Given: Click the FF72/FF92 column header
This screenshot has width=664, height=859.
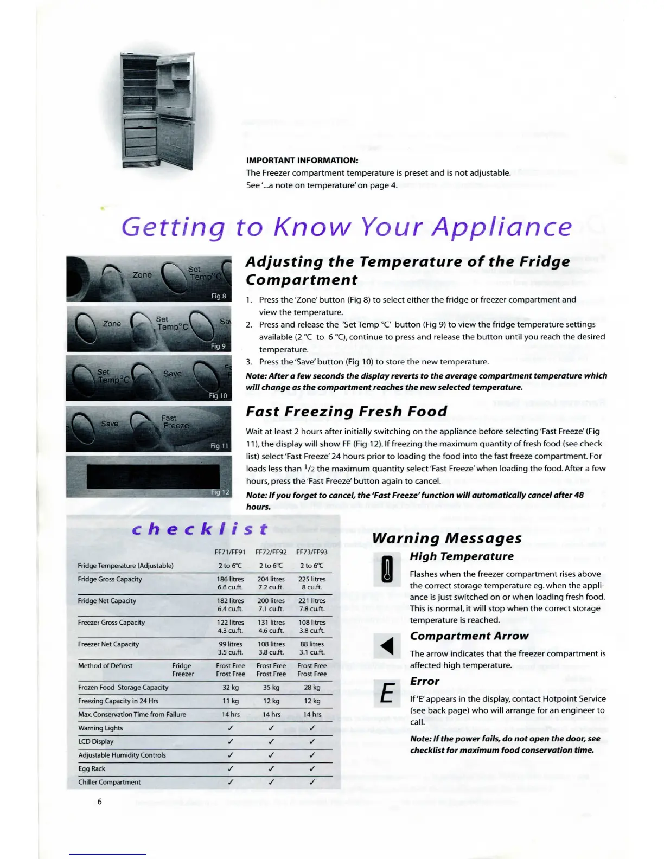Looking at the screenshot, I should point(271,552).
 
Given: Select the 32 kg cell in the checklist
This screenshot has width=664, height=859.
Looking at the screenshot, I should point(231,687).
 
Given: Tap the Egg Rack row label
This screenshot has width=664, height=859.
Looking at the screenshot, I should point(92,768).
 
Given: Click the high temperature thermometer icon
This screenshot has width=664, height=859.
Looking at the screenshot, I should point(387,569).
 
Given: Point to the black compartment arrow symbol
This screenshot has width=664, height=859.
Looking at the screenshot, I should point(387,646).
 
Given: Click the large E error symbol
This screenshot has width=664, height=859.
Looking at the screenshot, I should point(387,694).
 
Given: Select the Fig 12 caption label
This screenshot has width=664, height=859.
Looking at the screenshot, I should point(220,492).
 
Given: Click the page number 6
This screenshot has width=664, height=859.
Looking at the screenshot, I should point(99,802).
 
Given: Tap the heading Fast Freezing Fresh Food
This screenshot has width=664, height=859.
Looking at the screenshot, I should point(346,412).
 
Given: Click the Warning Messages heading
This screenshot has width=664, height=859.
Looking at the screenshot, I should point(447,538).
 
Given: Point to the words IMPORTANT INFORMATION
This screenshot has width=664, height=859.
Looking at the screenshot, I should point(302,161).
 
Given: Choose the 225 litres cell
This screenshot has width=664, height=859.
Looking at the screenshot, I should point(312,579).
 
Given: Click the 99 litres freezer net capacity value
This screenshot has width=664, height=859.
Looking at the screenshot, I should point(231,644).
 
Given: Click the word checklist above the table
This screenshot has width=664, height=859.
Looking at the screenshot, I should point(200,529).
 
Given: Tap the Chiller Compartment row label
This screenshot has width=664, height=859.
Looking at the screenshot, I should point(110,782).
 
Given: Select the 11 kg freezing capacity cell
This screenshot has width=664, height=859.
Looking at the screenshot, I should point(231,701).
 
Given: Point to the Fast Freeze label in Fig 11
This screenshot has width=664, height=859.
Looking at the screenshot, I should point(175,422).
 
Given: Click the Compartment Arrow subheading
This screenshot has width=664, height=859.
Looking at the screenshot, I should point(469,636).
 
